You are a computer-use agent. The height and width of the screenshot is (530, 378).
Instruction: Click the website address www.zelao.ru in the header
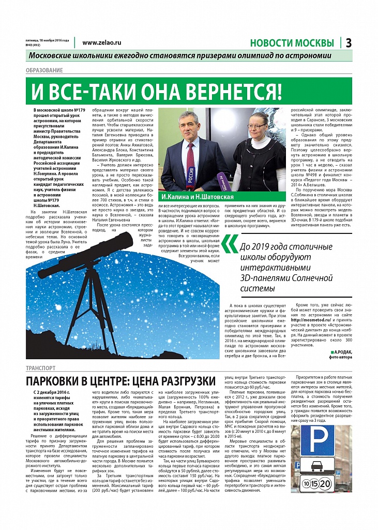point(101,43)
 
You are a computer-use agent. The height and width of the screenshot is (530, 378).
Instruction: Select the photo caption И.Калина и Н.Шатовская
point(197,197)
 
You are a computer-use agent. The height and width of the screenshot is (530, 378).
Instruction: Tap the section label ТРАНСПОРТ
point(40,368)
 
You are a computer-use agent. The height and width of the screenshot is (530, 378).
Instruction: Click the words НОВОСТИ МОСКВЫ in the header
point(292,43)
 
